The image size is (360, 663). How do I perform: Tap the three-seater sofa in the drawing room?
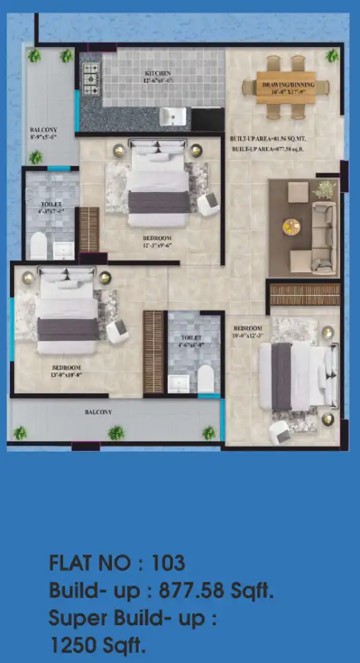[x=324, y=229]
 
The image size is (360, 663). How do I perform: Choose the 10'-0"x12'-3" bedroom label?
[x=247, y=331]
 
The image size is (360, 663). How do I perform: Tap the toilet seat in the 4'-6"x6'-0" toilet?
[x=206, y=378]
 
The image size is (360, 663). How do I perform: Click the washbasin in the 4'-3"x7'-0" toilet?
[x=64, y=249]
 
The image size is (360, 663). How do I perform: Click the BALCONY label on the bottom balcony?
[x=98, y=412]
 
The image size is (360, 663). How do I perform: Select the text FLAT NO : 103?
[x=117, y=564]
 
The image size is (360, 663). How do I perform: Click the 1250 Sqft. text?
[x=97, y=644]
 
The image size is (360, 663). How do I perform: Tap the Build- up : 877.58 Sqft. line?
[x=161, y=591]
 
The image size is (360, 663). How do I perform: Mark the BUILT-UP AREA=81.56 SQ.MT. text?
[x=268, y=139]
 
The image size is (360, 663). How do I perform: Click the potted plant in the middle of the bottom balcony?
[x=116, y=433]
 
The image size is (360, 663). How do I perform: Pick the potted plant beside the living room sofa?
[x=324, y=190]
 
